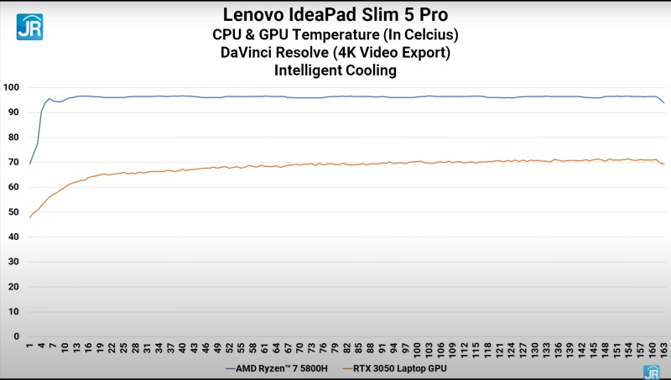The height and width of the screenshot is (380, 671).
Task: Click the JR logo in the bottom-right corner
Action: [651, 372]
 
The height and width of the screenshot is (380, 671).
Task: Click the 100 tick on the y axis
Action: [11, 87]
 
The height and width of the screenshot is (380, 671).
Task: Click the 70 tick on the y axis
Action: [13, 162]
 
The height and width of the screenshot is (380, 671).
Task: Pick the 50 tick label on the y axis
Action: [13, 212]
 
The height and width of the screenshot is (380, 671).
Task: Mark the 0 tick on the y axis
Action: [16, 336]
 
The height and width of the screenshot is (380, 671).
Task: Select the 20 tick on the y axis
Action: [13, 287]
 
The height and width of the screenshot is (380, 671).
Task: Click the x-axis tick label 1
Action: [30, 346]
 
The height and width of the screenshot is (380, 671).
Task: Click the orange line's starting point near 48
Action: [30, 217]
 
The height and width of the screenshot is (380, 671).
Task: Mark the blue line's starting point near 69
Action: [30, 164]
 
